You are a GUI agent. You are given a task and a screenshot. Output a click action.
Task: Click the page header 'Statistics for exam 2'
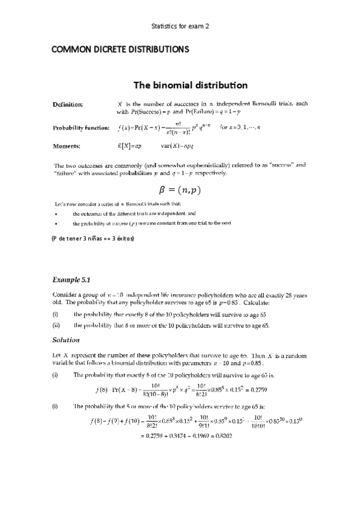pos(180,27)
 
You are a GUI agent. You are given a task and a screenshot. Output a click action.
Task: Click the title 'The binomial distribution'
pos(181,85)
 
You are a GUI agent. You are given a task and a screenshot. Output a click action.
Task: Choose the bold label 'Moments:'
pos(66,146)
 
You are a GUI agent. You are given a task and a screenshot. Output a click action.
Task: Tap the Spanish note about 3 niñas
pos(93,239)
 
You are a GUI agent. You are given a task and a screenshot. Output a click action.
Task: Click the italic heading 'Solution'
pos(67,340)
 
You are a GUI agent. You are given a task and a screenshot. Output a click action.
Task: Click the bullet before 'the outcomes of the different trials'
pos(55,214)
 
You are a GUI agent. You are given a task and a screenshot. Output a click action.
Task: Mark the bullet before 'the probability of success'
pos(55,223)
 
